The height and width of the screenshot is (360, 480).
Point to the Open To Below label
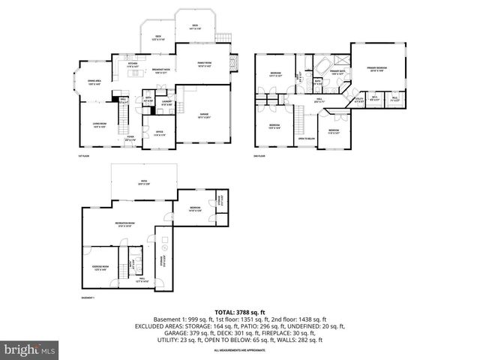(x=306, y=139)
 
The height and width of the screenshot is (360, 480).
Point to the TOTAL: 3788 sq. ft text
(x=239, y=310)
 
